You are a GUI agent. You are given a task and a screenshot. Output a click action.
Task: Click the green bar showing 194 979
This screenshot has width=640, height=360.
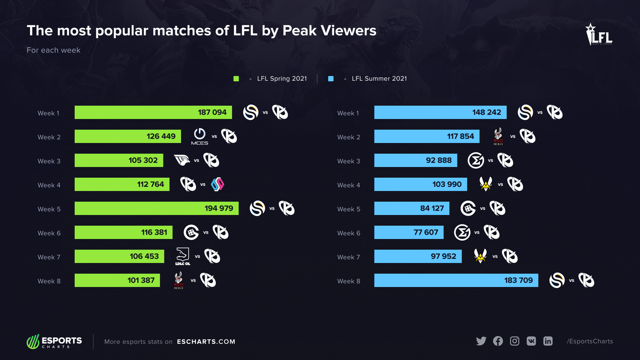pos(156,208)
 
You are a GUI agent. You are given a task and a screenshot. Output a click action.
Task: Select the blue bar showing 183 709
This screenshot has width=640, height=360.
pos(456,280)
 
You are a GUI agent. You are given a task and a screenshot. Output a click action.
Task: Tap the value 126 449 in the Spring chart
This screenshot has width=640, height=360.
pos(161,136)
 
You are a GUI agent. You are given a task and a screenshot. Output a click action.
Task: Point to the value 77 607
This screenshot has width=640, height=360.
pos(426,232)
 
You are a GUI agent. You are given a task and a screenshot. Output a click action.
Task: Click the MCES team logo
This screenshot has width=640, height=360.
pos(200,136)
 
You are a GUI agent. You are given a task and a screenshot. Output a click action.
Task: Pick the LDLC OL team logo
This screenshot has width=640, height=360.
pos(183,256)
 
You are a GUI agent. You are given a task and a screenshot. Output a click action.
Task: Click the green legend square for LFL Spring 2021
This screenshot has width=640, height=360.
pos(236,79)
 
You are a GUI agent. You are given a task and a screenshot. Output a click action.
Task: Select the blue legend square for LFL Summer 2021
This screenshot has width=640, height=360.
pos(331,79)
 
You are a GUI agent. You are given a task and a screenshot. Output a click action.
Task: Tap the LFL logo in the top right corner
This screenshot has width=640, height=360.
pos(599,34)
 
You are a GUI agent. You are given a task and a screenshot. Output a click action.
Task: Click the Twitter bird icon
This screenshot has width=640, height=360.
pos(481,341)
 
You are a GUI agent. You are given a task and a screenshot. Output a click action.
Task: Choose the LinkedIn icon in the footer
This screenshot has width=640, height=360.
pos(548,341)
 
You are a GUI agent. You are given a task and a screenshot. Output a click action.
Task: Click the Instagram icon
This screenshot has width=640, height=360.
pos(514,341)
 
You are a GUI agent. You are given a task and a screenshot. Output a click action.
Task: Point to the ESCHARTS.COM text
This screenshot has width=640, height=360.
pos(206,342)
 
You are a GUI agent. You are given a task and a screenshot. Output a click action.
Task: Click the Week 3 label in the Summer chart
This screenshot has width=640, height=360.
pos(348,161)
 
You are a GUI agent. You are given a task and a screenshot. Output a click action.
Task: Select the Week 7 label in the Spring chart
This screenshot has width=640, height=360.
pos(49,257)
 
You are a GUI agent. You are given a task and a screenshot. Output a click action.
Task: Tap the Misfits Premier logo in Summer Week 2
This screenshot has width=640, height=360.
pos(498,136)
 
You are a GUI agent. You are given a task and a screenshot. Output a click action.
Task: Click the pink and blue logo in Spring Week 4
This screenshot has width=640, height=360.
pos(217,184)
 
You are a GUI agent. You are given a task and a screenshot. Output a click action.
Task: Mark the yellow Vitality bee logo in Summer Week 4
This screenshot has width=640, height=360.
pos(486,184)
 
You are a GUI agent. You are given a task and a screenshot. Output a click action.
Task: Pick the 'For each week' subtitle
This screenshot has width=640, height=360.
pos(53,50)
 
